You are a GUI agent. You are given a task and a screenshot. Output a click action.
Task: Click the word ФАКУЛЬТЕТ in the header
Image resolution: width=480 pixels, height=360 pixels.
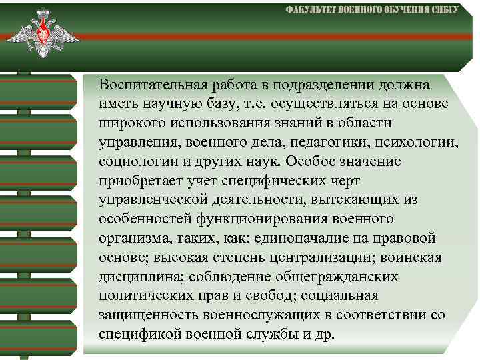point(311,11)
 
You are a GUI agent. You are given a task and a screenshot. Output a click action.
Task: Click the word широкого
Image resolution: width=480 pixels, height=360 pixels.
point(130,124)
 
